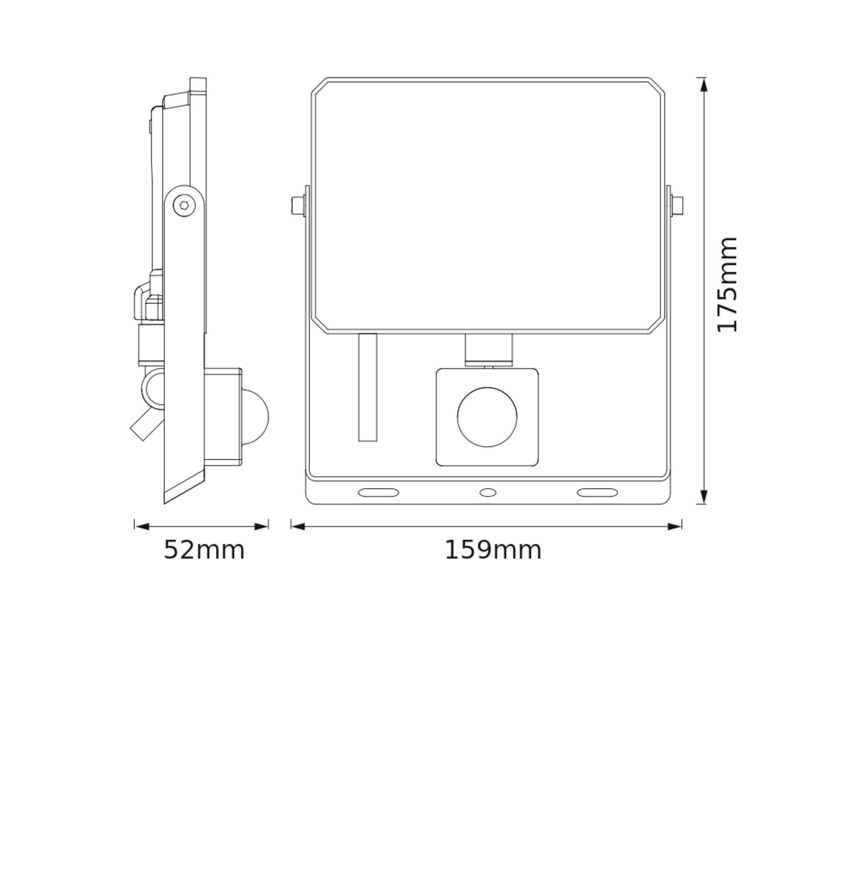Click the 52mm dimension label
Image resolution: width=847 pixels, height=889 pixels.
(204, 550)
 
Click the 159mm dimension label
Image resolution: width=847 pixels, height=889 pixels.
(493, 550)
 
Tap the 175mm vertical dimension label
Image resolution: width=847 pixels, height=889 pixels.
(727, 284)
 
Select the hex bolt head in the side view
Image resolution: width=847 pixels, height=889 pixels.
(184, 205)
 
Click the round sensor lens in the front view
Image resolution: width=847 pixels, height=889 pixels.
(487, 417)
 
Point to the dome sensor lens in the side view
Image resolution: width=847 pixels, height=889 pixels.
(255, 417)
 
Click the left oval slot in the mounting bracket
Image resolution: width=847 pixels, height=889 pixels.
(378, 493)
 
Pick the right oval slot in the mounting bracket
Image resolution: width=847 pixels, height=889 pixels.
(597, 493)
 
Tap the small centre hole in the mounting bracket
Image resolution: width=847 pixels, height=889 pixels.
(487, 493)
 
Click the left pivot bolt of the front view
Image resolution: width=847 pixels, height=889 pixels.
(298, 205)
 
